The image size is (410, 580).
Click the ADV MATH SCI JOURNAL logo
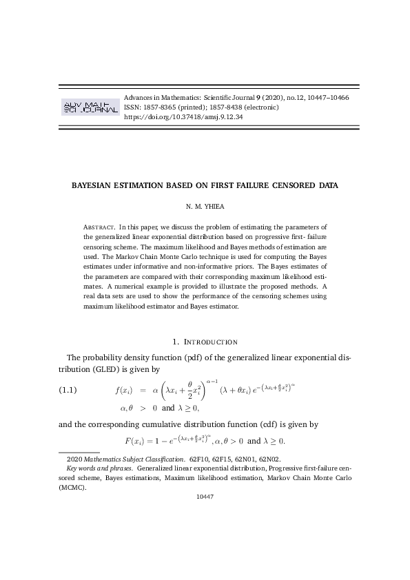pyautogui.click(x=90, y=107)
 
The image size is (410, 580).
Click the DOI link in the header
pyautogui.click(x=183, y=117)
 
